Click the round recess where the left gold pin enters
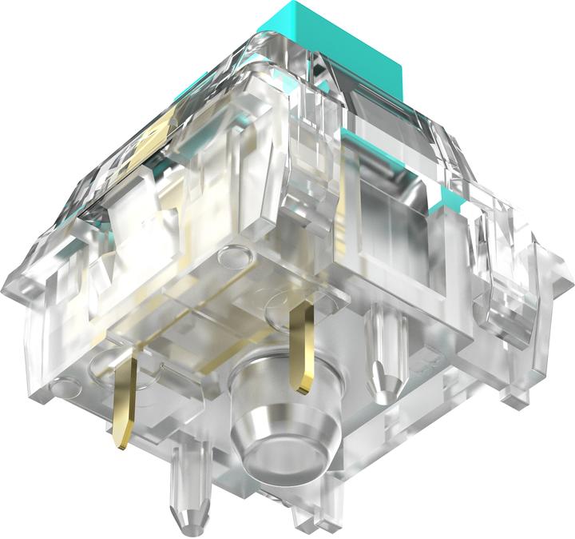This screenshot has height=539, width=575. (112, 364)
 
